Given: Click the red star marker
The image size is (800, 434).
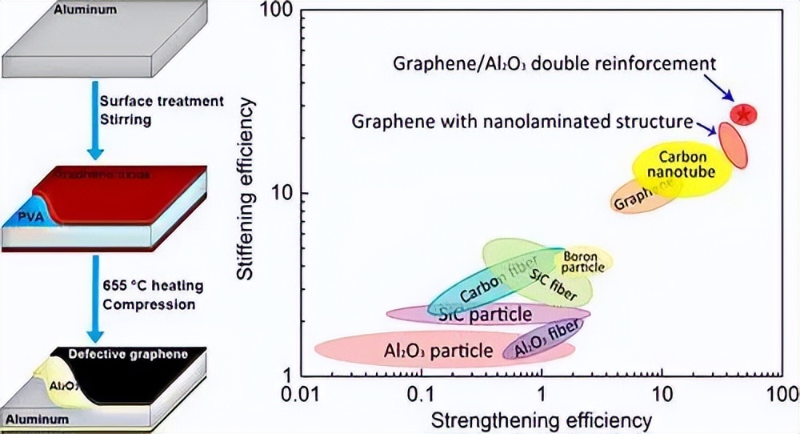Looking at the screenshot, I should [744, 114].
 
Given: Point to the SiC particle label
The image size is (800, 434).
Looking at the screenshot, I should [485, 314].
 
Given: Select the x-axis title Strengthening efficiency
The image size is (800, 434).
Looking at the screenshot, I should [542, 419].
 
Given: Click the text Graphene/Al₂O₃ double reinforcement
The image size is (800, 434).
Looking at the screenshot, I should [554, 63].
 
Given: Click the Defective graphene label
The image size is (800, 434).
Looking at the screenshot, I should [128, 354].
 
